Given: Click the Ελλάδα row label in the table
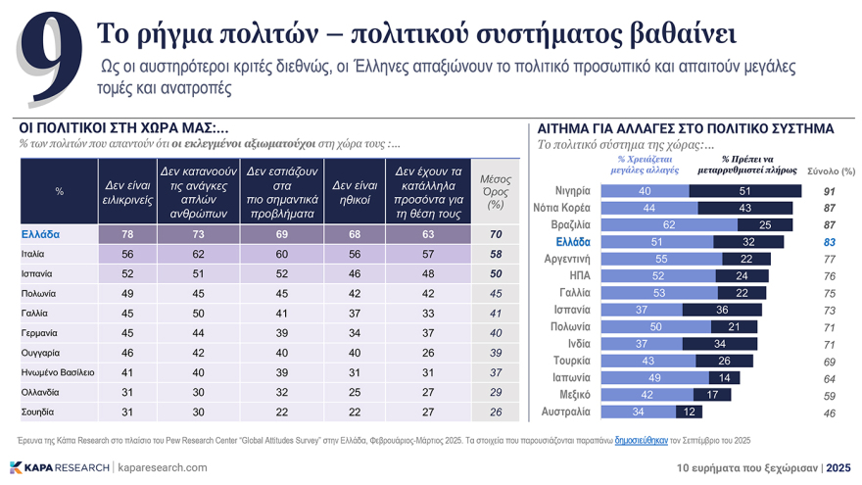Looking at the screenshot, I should tap(40, 234).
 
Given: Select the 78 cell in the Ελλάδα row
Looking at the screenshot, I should tap(127, 234).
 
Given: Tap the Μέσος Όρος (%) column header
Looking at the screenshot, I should tap(496, 192).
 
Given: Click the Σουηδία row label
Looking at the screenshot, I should tap(40, 412).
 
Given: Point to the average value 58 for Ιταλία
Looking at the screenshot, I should tap(496, 254).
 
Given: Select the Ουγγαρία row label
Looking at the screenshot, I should tap(45, 352).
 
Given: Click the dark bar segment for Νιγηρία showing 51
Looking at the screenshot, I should tap(744, 191).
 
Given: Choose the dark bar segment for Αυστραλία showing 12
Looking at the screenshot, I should tap(689, 412).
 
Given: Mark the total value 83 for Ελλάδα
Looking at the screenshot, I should tap(829, 242).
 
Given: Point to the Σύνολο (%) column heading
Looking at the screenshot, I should tap(831, 171).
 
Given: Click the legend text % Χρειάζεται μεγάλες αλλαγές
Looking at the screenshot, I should tap(644, 164).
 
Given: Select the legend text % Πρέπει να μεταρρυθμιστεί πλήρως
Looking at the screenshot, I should tap(746, 164).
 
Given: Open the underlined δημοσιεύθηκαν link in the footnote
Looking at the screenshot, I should tap(641, 440).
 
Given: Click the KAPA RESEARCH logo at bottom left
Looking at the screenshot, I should tap(59, 467).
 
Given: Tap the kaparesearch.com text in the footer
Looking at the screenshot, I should tap(163, 467).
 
